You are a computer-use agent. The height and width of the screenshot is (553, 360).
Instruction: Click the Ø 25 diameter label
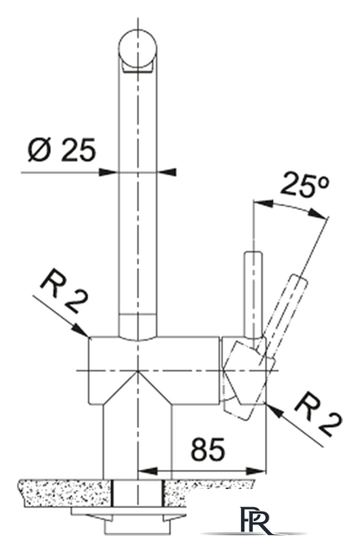[x=61, y=149]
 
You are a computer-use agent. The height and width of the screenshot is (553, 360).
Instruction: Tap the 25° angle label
[x=305, y=184]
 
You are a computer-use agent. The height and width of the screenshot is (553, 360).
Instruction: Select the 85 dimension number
[x=207, y=449]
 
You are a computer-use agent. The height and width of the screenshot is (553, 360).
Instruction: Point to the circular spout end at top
[x=137, y=48]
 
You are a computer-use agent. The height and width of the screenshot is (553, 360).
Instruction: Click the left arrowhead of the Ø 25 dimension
[x=108, y=172]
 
